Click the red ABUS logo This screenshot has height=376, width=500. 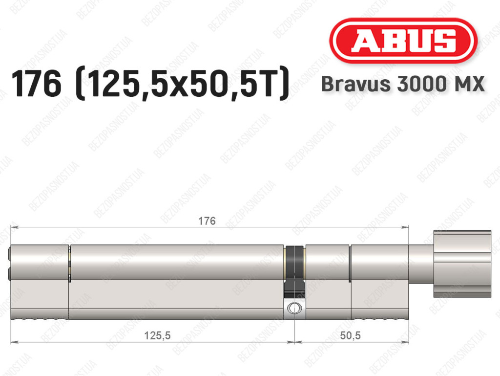coord(403,41)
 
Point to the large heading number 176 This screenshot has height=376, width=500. coord(36,84)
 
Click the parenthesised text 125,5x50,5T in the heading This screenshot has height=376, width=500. coord(183,84)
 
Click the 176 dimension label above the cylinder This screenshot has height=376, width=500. coord(207,221)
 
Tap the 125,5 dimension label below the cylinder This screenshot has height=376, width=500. coord(157,335)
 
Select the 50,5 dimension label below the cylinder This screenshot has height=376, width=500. coord(350,335)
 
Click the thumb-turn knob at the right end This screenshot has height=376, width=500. coord(462,264)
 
